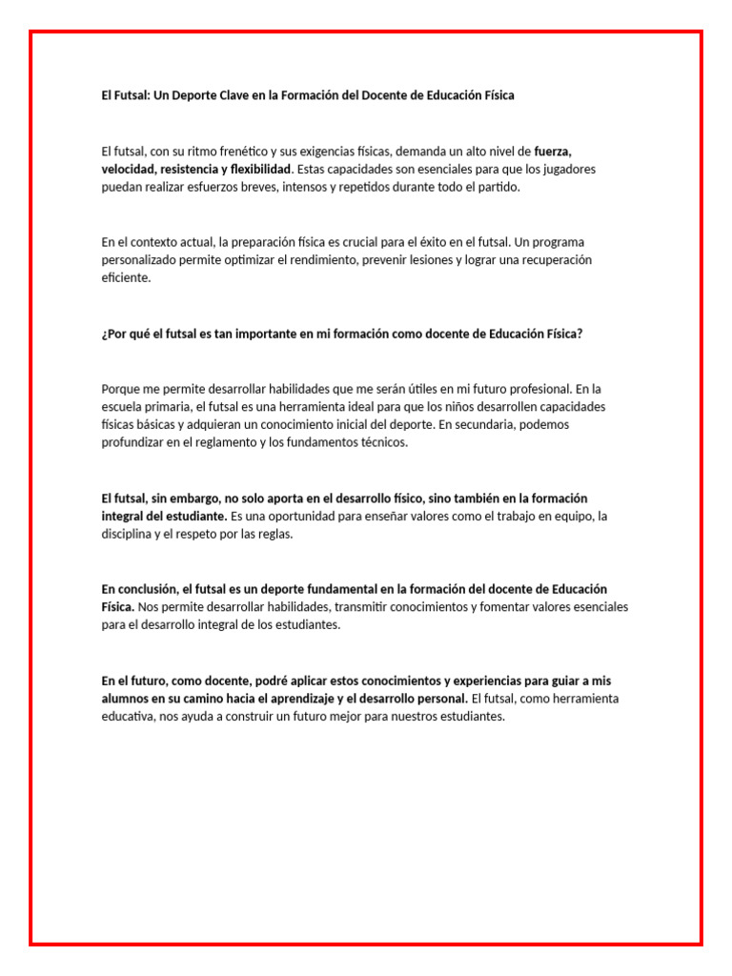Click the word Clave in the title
[253, 95]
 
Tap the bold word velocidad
[129, 169]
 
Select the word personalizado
[141, 260]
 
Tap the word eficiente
[126, 278]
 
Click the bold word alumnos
[125, 700]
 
